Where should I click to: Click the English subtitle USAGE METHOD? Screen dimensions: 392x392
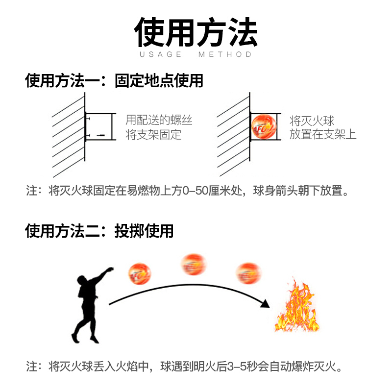(x=196, y=54)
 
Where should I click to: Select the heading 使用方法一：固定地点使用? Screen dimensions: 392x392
(x=114, y=80)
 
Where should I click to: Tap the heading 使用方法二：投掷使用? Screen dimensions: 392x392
(x=99, y=230)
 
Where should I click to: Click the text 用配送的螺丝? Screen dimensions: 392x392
(x=159, y=119)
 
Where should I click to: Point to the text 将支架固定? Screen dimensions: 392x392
(x=153, y=134)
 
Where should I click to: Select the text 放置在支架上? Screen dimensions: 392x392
(x=323, y=134)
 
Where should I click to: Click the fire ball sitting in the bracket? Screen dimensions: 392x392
(x=264, y=127)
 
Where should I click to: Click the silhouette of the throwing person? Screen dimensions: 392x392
(x=88, y=304)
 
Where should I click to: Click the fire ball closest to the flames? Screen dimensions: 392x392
(x=248, y=273)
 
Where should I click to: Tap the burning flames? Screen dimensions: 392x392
(x=296, y=306)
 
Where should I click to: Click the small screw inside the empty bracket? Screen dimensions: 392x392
(x=101, y=134)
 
